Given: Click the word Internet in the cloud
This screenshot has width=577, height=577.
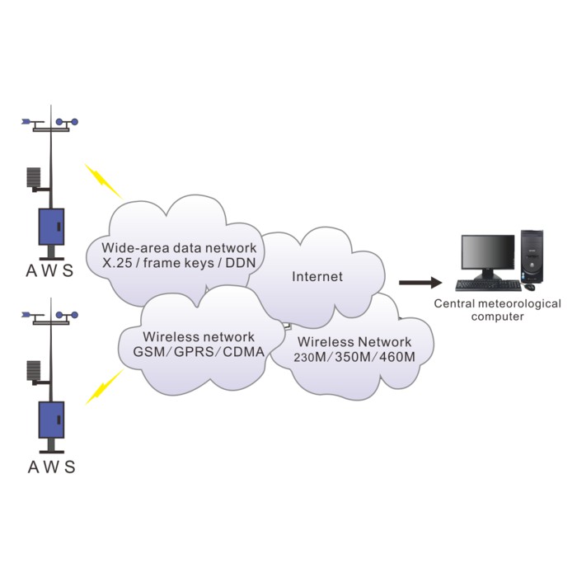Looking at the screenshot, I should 317,277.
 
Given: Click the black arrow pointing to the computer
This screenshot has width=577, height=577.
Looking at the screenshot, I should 420,283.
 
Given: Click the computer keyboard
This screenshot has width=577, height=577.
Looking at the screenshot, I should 488,286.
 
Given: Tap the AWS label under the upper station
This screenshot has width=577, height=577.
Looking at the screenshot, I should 51,270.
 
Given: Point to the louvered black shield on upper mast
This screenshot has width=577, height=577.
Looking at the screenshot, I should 34,178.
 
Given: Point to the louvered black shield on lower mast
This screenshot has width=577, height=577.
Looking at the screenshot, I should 34,371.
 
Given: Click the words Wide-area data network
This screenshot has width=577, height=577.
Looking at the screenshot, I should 179,247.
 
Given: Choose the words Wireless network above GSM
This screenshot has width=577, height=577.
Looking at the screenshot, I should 199,336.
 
